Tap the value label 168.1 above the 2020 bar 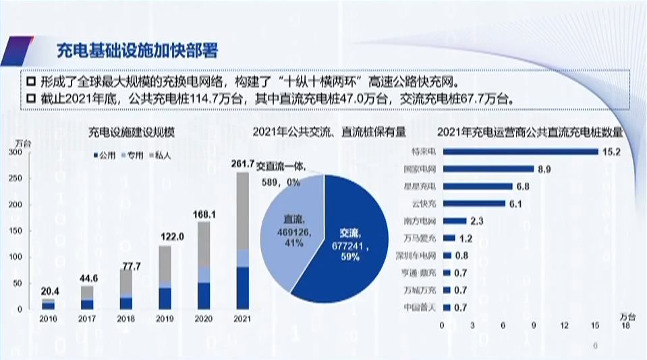coord(203,215)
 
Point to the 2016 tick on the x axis coord(49,318)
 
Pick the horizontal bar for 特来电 coord(521,151)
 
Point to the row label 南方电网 coord(424,220)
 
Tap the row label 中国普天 coord(424,308)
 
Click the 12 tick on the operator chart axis coord(565,326)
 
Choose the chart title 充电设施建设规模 coord(132,133)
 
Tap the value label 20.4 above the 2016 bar coord(49,292)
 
